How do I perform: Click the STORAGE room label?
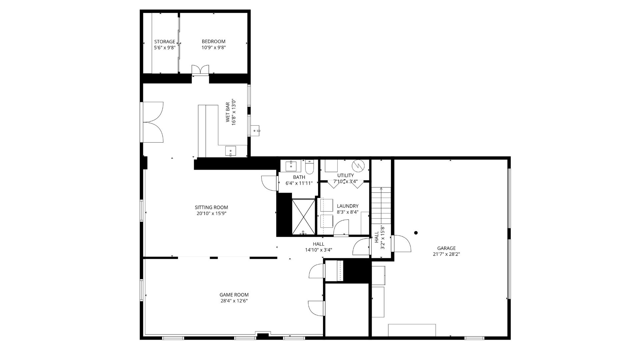point(164,42)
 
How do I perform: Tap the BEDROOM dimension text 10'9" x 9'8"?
point(213,48)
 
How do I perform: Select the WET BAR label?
point(228,112)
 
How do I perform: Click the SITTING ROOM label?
point(211,207)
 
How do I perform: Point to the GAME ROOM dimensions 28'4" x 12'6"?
point(234,301)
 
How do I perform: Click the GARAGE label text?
point(446,248)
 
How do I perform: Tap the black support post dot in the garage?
point(416,233)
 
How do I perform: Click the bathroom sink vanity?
point(291,165)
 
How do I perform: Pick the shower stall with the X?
point(303,217)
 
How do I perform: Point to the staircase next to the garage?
point(381,206)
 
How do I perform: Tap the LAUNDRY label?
point(347,206)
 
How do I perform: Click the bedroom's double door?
point(200,69)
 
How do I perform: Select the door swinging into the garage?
point(401,243)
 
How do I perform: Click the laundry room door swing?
point(341,228)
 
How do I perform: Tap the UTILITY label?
point(345,175)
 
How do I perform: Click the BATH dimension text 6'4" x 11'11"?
point(299,183)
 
